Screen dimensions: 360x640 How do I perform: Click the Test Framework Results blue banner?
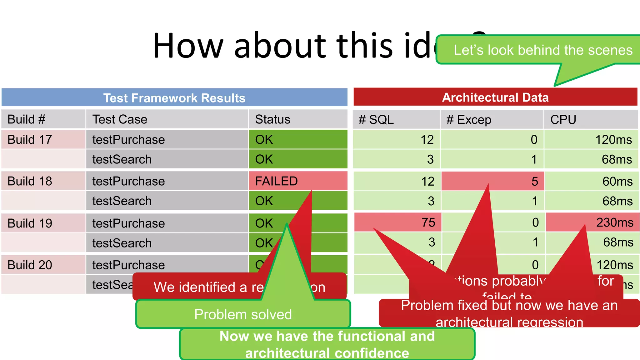point(174,98)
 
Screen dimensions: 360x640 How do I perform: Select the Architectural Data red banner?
point(495,97)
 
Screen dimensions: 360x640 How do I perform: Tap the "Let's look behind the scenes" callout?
point(542,50)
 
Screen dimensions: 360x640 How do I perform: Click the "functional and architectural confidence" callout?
point(327,344)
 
